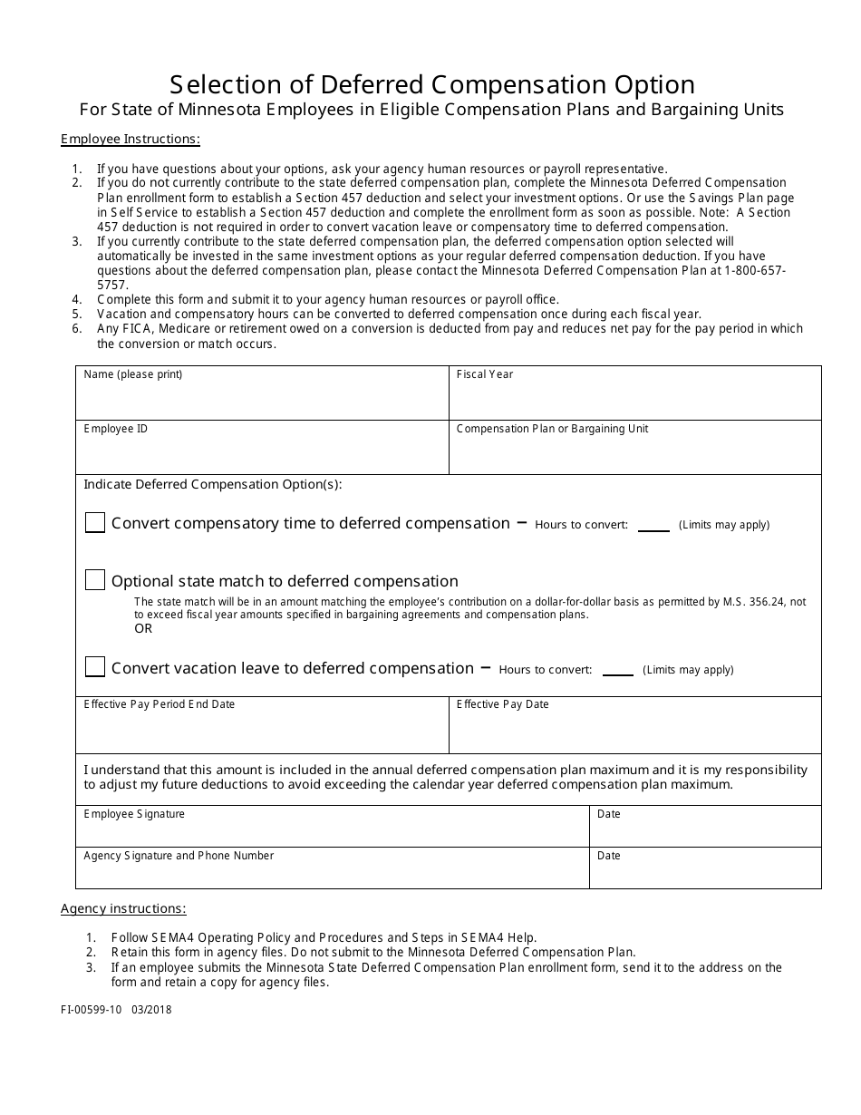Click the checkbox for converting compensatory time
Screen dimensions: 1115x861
point(95,523)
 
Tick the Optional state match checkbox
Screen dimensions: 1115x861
point(95,580)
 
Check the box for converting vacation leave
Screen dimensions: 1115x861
point(95,667)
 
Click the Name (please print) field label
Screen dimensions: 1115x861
point(132,374)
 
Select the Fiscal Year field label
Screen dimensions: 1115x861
point(484,374)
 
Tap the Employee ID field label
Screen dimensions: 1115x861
point(115,429)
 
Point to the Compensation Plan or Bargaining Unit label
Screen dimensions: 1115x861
point(552,429)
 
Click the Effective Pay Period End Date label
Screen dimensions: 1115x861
point(159,704)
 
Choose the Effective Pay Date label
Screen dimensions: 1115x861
point(502,704)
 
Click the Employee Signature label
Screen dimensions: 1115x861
point(134,814)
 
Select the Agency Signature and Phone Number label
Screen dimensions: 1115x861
point(179,856)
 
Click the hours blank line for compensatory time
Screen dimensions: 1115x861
point(653,528)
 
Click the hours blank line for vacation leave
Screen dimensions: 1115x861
point(617,674)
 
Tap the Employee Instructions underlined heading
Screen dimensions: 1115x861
point(130,139)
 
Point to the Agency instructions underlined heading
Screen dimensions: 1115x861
point(123,908)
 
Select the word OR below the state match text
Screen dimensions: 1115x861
point(143,628)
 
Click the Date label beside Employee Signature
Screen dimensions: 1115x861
point(608,814)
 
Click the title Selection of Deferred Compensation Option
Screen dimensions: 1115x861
point(432,84)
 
